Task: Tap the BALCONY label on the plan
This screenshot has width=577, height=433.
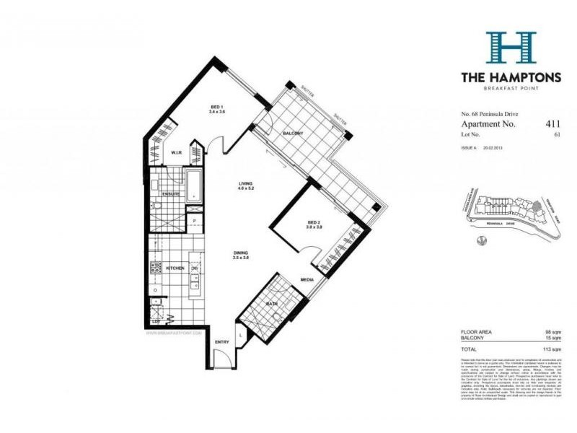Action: click(x=292, y=134)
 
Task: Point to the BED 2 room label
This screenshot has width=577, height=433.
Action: click(x=313, y=222)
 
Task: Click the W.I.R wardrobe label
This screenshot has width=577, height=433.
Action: click(x=176, y=153)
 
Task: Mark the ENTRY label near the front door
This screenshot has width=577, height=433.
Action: click(x=223, y=342)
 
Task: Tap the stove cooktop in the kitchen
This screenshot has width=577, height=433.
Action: click(x=156, y=268)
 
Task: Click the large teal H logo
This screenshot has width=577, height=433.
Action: click(x=510, y=48)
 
